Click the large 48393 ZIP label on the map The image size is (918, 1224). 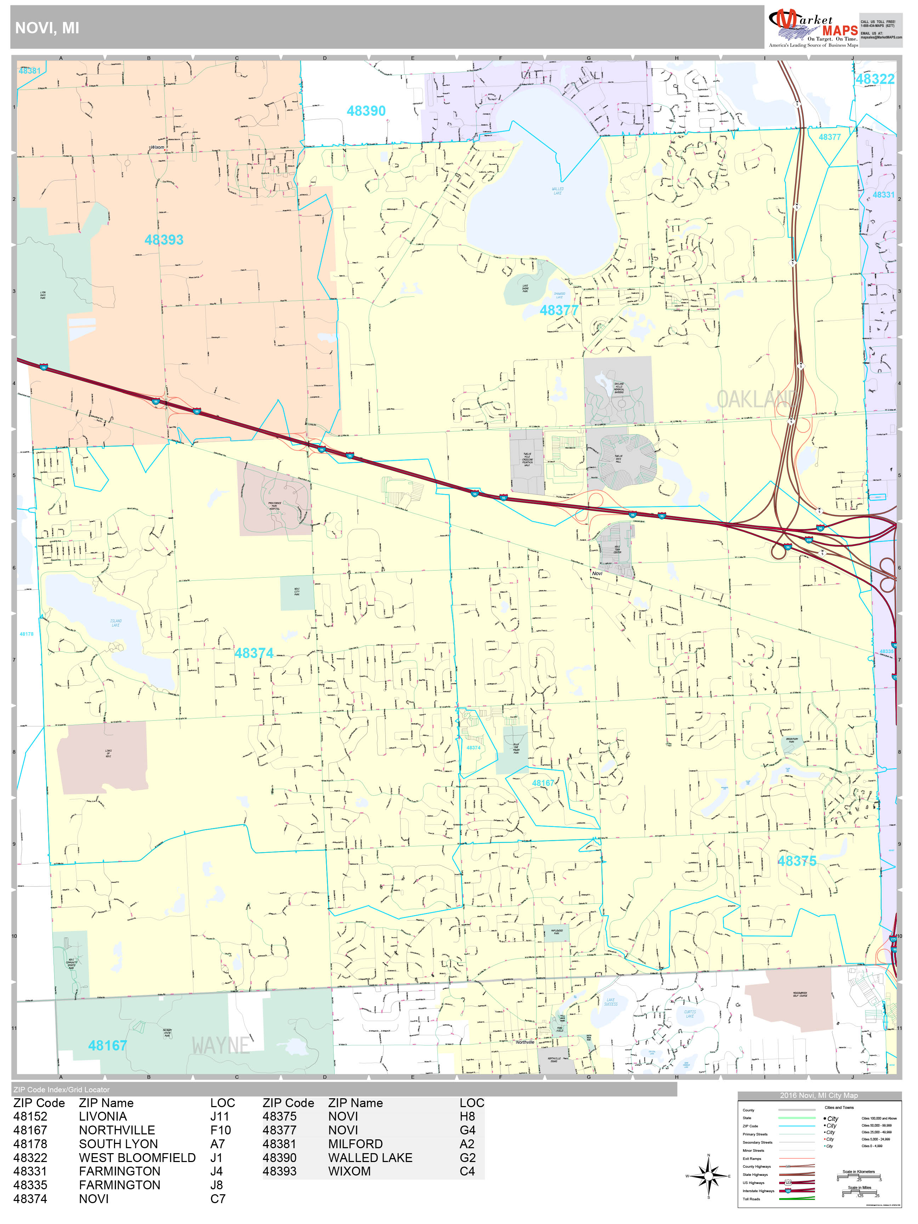pyautogui.click(x=164, y=240)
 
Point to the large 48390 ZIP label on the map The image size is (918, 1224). pyautogui.click(x=366, y=111)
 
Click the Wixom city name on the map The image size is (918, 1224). pyautogui.click(x=158, y=147)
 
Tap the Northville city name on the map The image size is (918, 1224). pyautogui.click(x=525, y=1042)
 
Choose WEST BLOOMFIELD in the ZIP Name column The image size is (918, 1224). pyautogui.click(x=137, y=1158)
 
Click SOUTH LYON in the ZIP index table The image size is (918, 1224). pyautogui.click(x=118, y=1144)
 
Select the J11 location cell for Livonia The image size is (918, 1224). pyautogui.click(x=219, y=1117)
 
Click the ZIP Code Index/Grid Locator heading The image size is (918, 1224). pyautogui.click(x=61, y=1089)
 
